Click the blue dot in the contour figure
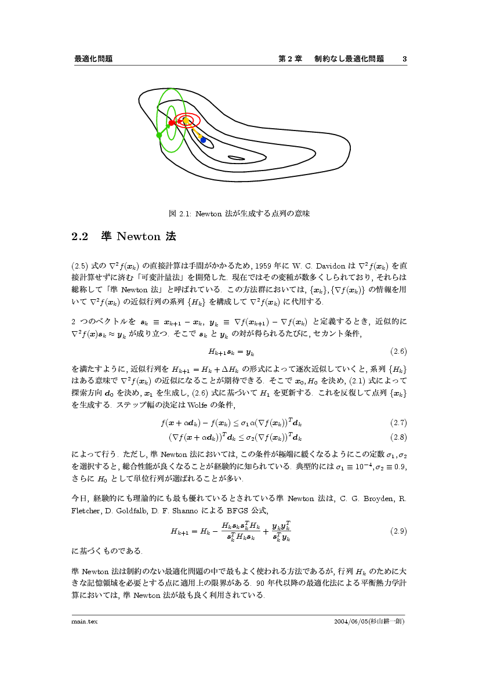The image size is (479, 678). coord(203,140)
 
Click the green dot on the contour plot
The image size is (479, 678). coord(159,135)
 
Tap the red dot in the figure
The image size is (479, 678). coord(172,122)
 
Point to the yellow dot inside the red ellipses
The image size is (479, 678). coord(186,121)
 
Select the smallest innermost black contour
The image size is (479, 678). coord(236,158)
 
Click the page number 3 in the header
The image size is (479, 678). coord(404,59)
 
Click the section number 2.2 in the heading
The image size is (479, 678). coord(79,237)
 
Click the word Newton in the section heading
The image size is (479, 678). coord(139,237)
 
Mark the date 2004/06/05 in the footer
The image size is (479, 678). coord(351,621)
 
